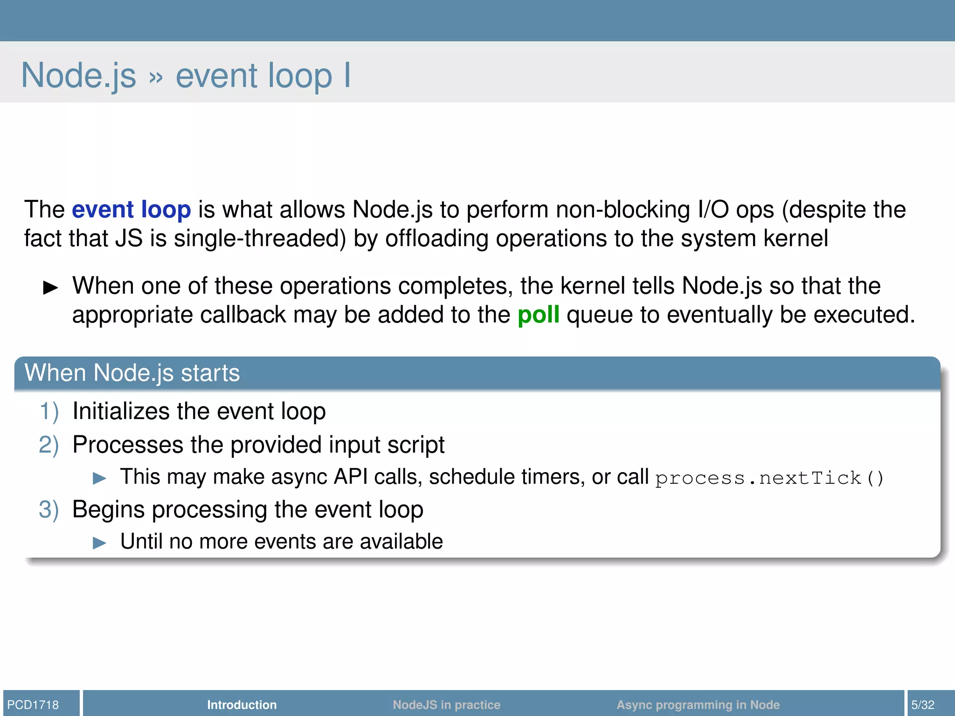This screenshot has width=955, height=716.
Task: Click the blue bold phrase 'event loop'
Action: [x=131, y=209]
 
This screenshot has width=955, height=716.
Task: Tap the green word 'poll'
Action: [x=538, y=315]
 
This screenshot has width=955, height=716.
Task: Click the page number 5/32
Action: [x=923, y=704]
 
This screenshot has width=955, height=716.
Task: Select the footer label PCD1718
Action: [x=33, y=704]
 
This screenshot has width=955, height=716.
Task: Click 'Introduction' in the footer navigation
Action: [x=242, y=704]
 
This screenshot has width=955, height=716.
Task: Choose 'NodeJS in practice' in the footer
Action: [x=446, y=704]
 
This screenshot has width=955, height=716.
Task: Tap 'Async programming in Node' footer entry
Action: [x=698, y=704]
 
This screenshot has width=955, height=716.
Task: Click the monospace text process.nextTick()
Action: [x=769, y=478]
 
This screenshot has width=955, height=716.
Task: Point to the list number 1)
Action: [x=49, y=412]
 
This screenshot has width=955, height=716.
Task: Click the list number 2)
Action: [x=49, y=445]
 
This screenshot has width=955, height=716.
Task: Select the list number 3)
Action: [x=49, y=509]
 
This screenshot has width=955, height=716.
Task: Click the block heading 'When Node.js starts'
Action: [x=132, y=373]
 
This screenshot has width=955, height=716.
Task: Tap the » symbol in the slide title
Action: [x=156, y=77]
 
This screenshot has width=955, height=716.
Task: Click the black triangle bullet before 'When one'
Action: [x=50, y=288]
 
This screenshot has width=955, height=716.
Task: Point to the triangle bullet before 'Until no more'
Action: [x=99, y=543]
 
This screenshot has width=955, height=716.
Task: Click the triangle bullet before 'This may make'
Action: [x=99, y=478]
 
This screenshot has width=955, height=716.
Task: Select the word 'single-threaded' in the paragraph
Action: [x=259, y=239]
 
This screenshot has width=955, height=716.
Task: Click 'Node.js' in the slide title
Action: [x=79, y=76]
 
